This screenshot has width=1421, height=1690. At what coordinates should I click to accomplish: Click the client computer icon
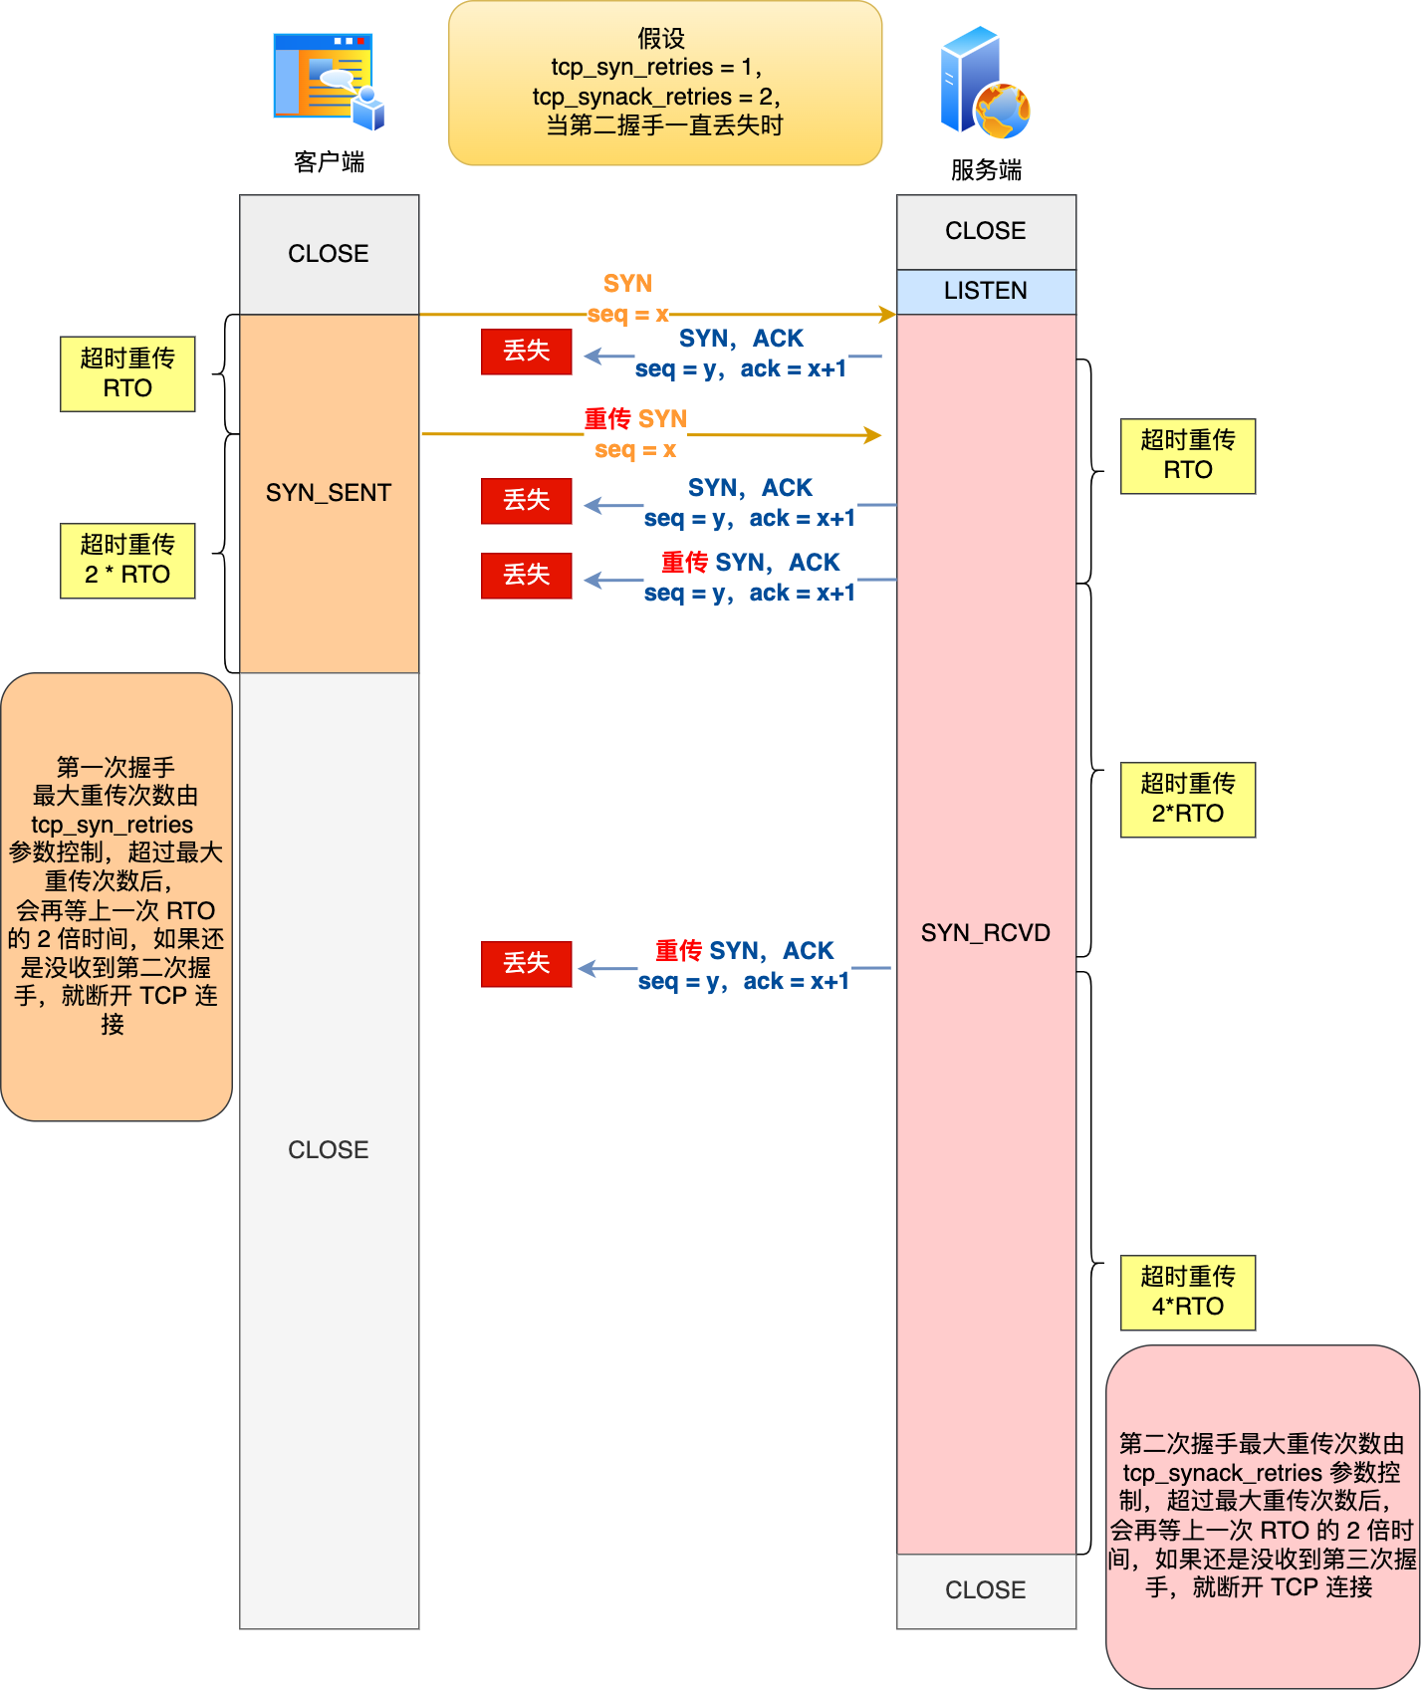328,82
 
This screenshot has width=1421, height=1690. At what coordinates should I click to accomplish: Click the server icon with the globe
984,84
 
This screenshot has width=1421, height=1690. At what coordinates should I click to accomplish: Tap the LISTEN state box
985,291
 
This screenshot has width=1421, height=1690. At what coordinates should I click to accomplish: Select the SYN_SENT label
328,493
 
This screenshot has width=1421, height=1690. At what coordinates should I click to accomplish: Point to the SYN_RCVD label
985,933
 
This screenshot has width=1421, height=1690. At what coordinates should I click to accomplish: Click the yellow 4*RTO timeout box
1187,1293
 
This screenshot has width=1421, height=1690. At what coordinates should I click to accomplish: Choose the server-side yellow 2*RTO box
1187,800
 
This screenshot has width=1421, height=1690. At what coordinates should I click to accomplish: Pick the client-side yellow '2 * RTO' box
127,561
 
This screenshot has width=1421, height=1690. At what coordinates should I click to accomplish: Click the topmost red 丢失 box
526,352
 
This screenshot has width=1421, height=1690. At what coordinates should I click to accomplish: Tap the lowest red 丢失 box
526,964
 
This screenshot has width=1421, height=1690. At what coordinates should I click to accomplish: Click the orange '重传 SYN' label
635,419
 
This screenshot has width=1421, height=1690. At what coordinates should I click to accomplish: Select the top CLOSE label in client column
328,254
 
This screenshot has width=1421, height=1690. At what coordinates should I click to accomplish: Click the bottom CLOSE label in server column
985,1590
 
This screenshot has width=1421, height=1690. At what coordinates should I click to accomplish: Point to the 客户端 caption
329,162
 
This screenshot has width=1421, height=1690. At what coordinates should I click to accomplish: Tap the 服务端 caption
985,170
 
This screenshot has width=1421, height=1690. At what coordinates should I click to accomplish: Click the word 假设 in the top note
661,39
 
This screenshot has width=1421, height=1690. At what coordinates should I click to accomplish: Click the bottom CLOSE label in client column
328,1150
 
